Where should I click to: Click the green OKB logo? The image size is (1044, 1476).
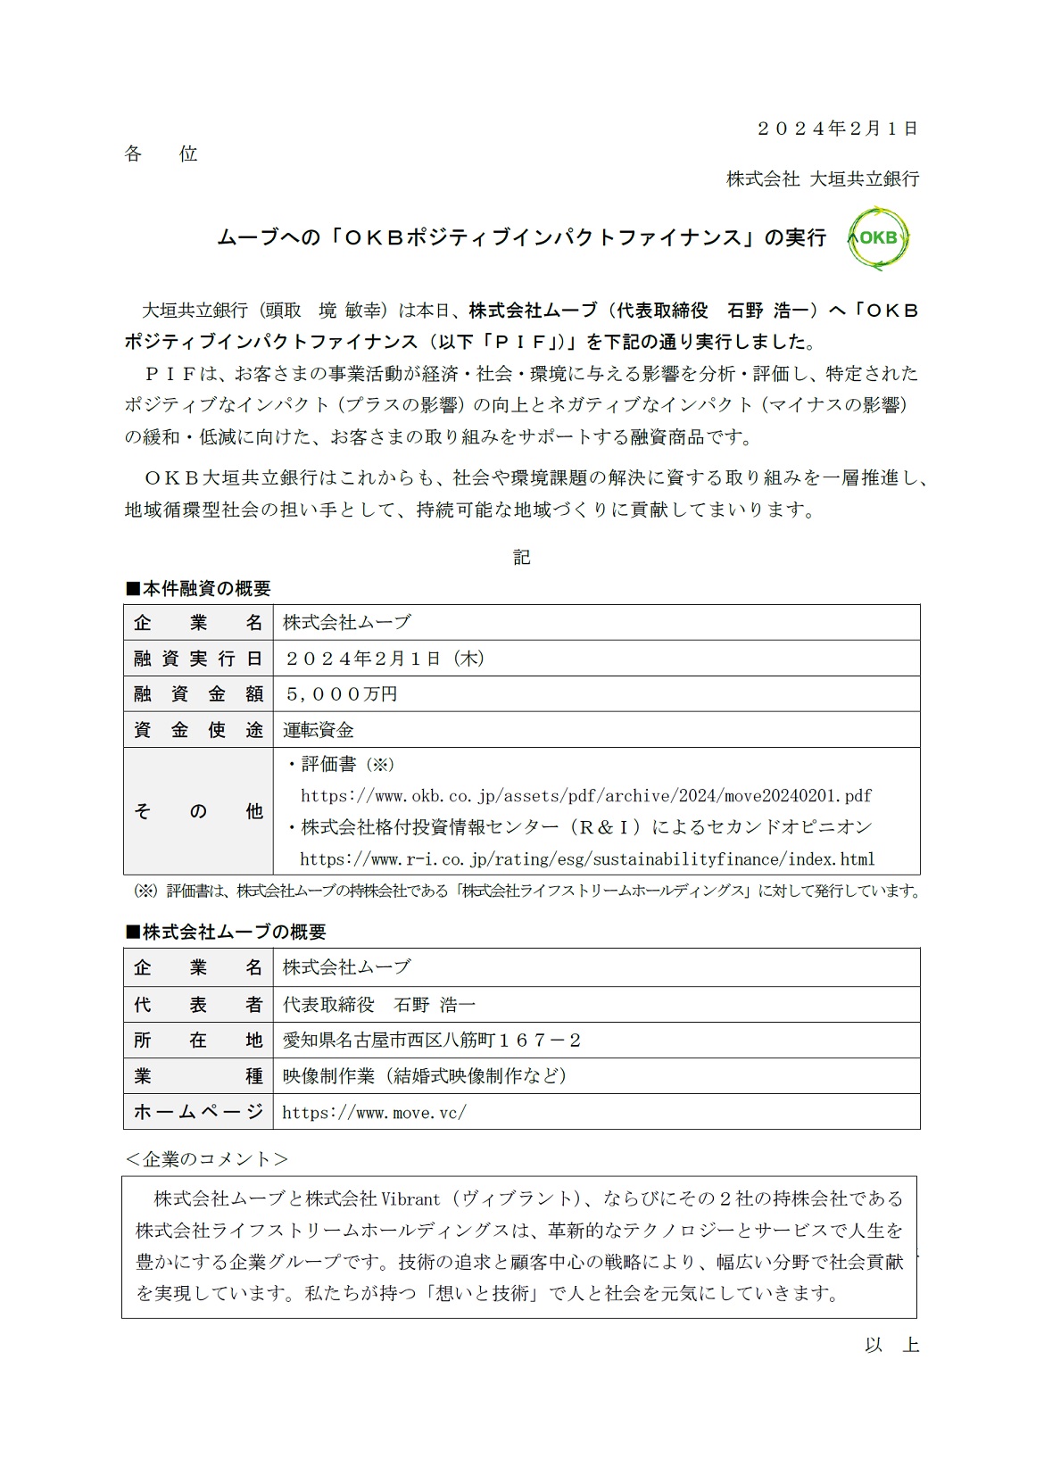(878, 238)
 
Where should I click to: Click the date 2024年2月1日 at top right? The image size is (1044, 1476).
(837, 129)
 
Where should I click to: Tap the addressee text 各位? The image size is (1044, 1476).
(161, 153)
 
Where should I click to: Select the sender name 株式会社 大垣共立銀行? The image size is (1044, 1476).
(822, 178)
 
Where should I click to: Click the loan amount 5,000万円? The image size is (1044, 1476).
(341, 693)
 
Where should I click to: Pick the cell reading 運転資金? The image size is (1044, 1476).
(319, 730)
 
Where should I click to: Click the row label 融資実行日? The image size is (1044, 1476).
(198, 659)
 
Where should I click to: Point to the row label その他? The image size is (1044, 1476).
(198, 811)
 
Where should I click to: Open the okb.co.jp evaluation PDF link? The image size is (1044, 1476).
(586, 795)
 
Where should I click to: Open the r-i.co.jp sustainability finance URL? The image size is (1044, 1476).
(587, 859)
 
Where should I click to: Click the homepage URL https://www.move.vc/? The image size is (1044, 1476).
(374, 1112)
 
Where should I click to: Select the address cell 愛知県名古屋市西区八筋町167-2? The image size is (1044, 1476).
(432, 1041)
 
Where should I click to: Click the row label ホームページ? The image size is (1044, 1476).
(198, 1112)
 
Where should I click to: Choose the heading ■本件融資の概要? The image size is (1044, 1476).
(198, 589)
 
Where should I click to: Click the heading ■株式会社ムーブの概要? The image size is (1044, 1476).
(226, 932)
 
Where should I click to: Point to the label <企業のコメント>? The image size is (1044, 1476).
(206, 1159)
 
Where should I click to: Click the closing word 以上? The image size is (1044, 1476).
(891, 1345)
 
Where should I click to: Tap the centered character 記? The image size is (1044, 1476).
(522, 558)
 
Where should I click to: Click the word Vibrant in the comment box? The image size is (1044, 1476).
(411, 1198)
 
